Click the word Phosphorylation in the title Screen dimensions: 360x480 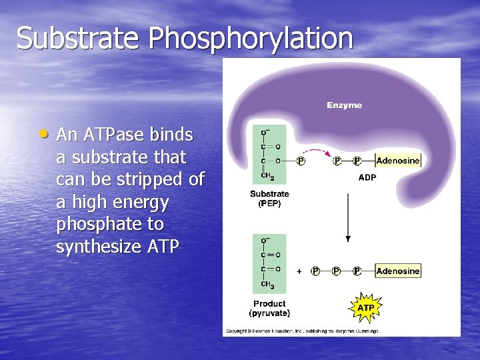click(251, 38)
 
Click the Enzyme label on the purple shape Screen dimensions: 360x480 click(344, 105)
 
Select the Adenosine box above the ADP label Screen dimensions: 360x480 click(398, 161)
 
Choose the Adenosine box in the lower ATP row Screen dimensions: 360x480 click(398, 271)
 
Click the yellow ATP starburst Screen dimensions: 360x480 click(365, 308)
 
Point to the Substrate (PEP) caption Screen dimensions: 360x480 click(269, 199)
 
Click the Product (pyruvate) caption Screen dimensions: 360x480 click(269, 308)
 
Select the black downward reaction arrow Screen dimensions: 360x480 click(347, 217)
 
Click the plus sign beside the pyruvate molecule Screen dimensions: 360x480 click(299, 271)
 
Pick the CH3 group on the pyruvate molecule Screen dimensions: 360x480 click(267, 285)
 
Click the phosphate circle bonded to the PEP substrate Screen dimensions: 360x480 click(301, 161)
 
